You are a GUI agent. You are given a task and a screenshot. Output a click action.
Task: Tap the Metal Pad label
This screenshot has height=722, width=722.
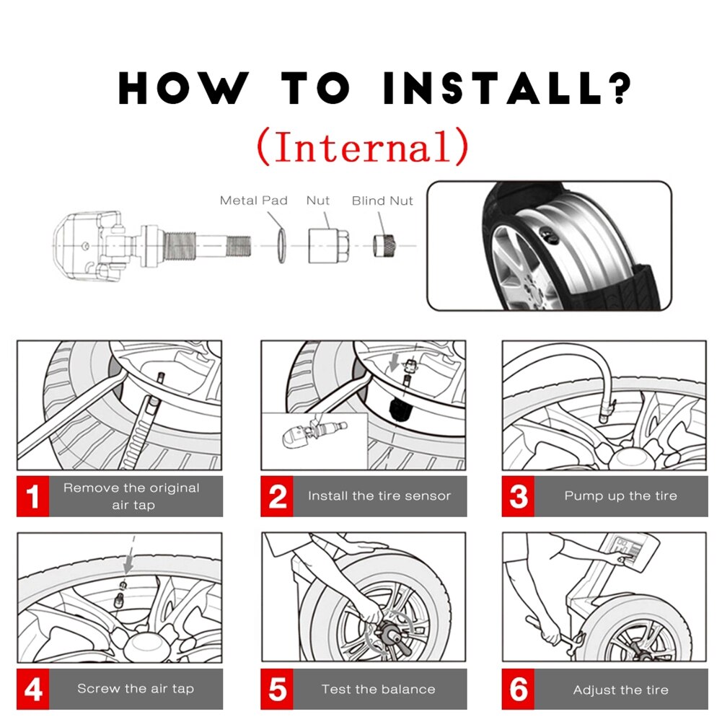pyautogui.click(x=253, y=201)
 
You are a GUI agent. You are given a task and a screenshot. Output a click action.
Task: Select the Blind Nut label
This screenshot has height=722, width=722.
pyautogui.click(x=382, y=201)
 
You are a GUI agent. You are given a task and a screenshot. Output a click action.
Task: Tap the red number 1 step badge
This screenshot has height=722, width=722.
pyautogui.click(x=32, y=496)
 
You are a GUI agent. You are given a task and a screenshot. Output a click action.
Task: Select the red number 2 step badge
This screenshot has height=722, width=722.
pyautogui.click(x=278, y=496)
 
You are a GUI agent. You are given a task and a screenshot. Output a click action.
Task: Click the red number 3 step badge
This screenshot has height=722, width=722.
pyautogui.click(x=519, y=496)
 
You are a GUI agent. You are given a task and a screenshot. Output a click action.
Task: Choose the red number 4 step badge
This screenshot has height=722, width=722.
pyautogui.click(x=32, y=689)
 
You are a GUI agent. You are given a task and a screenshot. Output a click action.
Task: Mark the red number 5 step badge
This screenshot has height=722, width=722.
pyautogui.click(x=278, y=689)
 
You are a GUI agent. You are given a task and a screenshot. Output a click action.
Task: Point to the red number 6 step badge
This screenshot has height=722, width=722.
pyautogui.click(x=519, y=689)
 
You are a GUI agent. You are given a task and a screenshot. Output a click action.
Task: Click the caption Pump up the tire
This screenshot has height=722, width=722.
pyautogui.click(x=620, y=496)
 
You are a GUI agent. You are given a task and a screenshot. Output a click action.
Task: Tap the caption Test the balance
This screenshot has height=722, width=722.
pyautogui.click(x=379, y=690)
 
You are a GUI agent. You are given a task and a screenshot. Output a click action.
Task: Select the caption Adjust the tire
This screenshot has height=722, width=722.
pyautogui.click(x=620, y=690)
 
